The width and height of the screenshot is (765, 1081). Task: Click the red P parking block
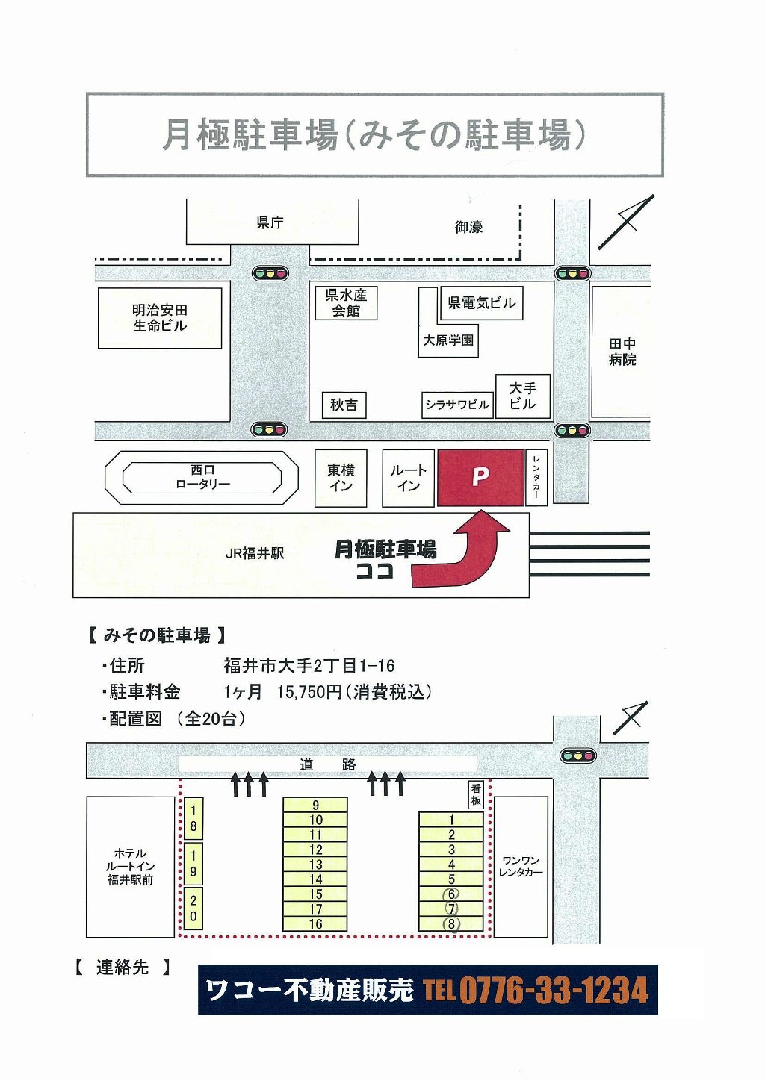[x=480, y=477]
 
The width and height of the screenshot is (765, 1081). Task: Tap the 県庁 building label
[x=270, y=222]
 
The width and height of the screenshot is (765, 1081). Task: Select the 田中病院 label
[x=622, y=352]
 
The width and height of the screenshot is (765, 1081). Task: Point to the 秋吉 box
[x=344, y=405]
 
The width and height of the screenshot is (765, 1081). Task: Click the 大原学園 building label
[x=448, y=340]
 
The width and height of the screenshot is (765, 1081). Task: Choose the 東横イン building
[x=341, y=478]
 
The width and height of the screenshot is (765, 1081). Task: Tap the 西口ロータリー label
[x=202, y=477]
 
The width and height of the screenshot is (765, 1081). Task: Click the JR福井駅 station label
[x=255, y=554]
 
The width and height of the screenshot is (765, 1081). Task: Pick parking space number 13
[x=315, y=865]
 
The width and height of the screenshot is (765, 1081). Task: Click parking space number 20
[x=193, y=909]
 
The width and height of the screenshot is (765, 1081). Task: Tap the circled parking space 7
[x=451, y=909]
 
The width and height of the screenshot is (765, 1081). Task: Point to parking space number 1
[x=451, y=820]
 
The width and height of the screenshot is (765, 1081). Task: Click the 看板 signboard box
[x=476, y=794]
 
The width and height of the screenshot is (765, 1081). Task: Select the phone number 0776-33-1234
[x=553, y=991]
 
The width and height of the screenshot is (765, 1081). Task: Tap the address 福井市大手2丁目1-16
[x=309, y=665]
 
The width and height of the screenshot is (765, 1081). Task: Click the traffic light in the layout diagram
[x=577, y=756]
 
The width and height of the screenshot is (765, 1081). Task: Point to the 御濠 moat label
[x=468, y=227]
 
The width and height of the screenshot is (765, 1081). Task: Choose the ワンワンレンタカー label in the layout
[x=521, y=866]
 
